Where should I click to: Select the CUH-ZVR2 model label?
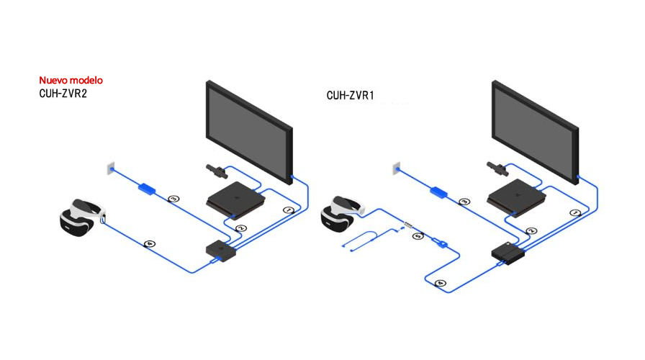[63, 94]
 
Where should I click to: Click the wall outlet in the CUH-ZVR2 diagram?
[109, 168]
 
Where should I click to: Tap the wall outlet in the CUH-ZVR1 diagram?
[394, 168]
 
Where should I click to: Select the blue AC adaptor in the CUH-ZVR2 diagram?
[147, 189]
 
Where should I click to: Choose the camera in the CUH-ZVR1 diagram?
[498, 170]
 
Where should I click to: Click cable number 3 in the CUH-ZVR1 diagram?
[464, 202]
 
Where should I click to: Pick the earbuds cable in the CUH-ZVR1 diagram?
[367, 240]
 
